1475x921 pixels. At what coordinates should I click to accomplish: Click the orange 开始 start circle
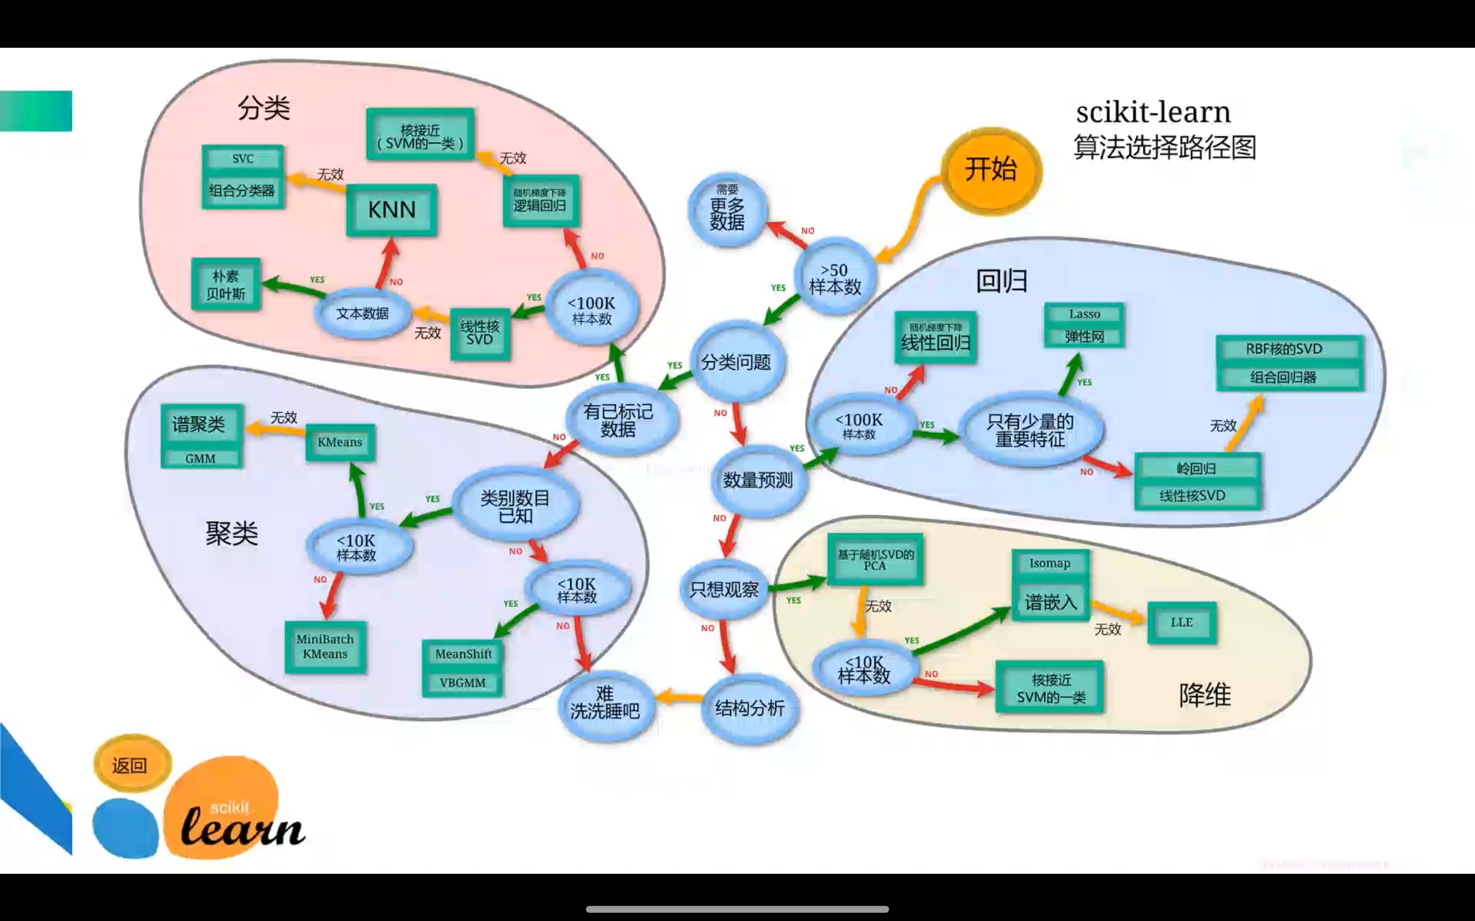991,170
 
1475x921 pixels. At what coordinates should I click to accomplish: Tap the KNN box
391,210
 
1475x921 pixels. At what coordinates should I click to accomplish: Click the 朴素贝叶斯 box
226,285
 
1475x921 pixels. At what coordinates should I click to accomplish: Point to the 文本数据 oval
362,313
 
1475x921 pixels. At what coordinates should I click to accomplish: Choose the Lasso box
1084,314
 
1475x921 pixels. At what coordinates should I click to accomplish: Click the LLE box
1181,622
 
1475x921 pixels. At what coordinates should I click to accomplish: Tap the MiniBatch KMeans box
325,647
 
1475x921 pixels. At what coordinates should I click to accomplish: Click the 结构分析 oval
749,709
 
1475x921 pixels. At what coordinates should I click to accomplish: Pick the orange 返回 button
131,764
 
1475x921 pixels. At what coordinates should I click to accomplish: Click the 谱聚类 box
200,425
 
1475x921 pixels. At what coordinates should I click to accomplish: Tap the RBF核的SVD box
1284,349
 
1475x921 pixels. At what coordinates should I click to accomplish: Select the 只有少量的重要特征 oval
1030,430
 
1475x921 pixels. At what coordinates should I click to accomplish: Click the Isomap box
1050,564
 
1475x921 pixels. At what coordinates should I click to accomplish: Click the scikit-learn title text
1153,113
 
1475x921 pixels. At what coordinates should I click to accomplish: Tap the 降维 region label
1204,695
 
